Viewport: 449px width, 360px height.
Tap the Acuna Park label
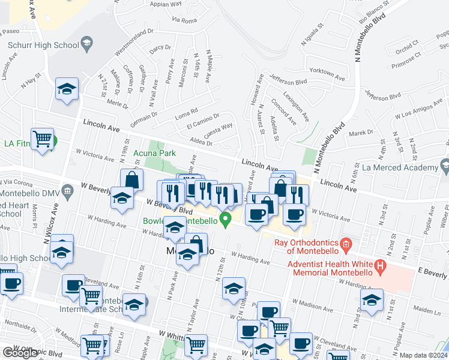tap(154, 154)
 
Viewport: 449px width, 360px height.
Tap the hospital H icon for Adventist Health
tap(380, 265)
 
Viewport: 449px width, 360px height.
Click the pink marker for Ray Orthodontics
tap(345, 244)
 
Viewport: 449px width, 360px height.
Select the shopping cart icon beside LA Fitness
tap(43, 139)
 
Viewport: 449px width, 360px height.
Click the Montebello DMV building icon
tap(67, 191)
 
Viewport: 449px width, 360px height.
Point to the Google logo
tap(20, 353)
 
